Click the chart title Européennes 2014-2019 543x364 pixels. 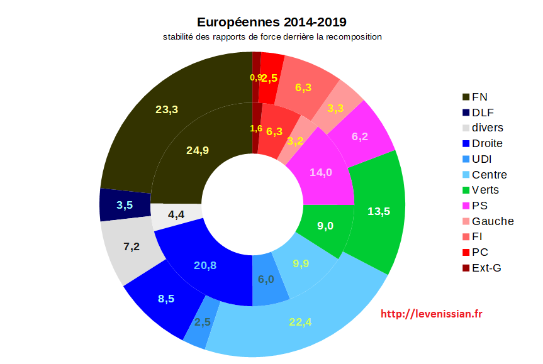272,23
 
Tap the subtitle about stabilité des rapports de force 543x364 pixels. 272,37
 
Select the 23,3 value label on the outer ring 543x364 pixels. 167,109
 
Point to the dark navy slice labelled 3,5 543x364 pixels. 125,204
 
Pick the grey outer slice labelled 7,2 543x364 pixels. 132,246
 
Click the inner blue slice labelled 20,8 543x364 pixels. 205,265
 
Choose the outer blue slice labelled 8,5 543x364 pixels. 166,299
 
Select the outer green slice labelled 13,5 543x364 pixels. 378,211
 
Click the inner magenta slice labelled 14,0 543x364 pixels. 321,172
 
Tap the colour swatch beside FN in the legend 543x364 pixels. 466,97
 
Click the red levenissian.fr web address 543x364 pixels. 432,314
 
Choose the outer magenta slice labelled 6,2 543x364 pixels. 360,136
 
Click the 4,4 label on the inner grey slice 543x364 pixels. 176,214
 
